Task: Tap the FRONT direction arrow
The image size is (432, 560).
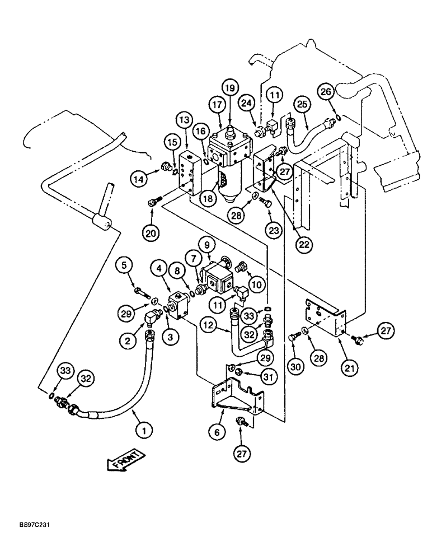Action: click(x=125, y=463)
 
